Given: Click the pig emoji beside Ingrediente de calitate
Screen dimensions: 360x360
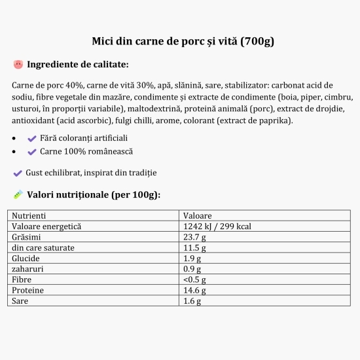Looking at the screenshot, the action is click(x=18, y=64).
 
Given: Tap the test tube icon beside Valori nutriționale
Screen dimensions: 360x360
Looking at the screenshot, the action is click(x=18, y=194).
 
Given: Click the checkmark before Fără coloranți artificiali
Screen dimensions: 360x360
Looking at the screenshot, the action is click(x=31, y=138).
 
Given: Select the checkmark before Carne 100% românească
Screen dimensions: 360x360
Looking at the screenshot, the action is click(x=31, y=151).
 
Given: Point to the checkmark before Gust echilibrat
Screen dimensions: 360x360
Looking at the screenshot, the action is click(x=18, y=173).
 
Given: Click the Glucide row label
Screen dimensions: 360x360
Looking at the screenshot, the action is click(x=26, y=259).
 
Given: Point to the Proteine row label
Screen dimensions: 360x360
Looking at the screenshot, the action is click(x=27, y=291).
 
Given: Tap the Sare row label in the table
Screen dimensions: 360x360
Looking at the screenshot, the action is click(x=20, y=301).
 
